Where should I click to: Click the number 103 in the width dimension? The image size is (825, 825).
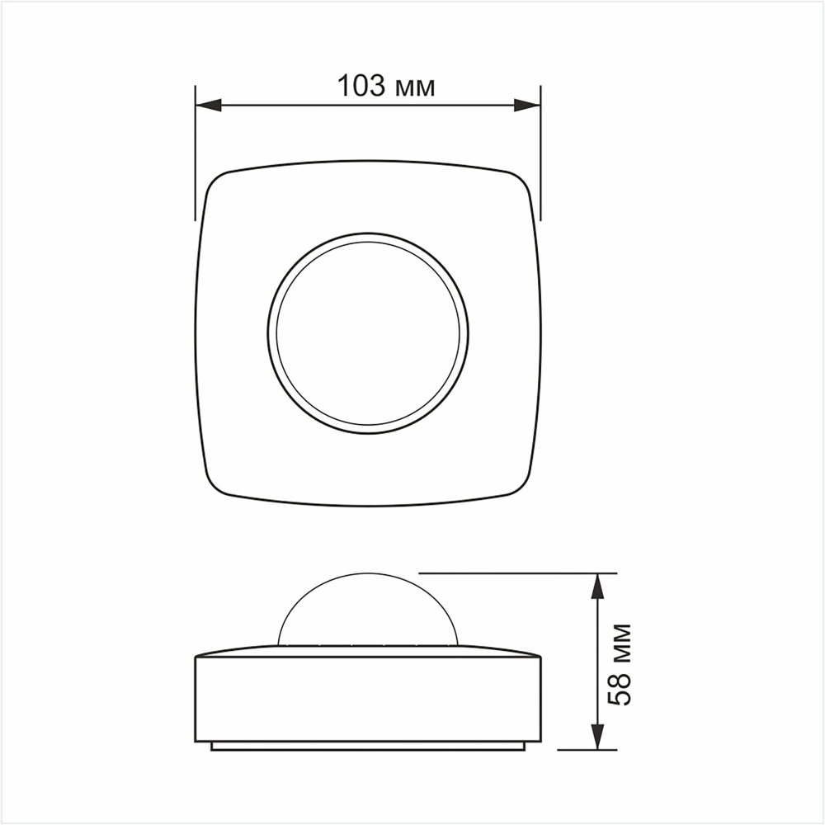click(361, 86)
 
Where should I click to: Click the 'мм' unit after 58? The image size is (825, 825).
click(620, 643)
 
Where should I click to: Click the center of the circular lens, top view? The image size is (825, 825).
click(368, 332)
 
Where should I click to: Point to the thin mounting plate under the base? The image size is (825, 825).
click(368, 746)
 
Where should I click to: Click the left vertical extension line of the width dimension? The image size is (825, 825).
click(196, 148)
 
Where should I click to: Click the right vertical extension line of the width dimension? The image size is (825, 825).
click(540, 148)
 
